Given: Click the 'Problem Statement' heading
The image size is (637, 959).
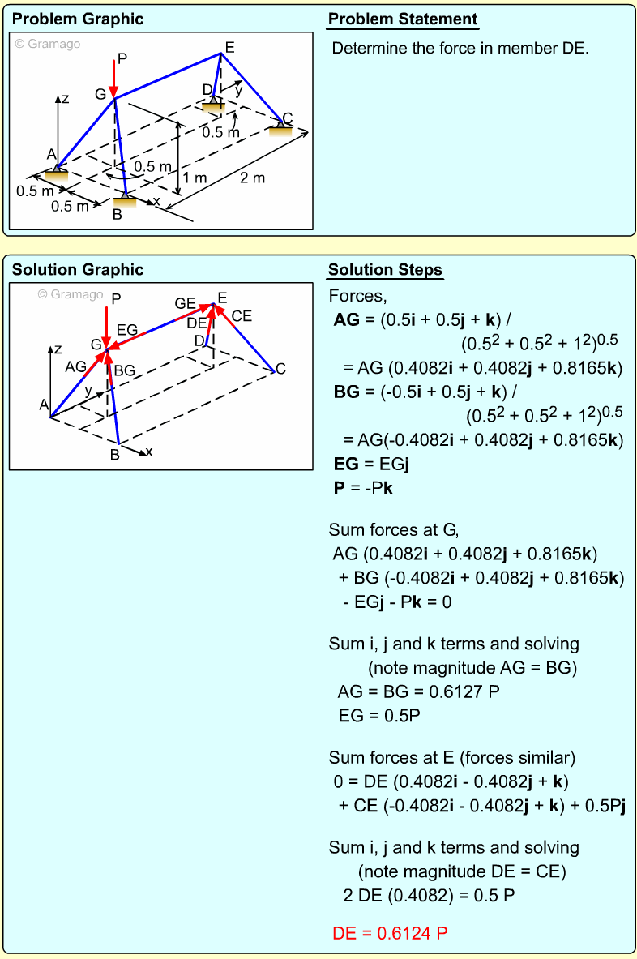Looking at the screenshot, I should [403, 19].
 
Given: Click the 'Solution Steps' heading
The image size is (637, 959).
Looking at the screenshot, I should [385, 270].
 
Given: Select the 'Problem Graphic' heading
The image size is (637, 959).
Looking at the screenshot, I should [78, 19].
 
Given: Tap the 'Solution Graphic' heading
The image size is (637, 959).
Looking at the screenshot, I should [78, 270].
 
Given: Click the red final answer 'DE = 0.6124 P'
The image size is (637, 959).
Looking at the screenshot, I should [390, 933].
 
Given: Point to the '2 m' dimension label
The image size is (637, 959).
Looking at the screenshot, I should [252, 178].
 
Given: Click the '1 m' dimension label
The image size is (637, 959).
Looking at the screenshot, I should [195, 178].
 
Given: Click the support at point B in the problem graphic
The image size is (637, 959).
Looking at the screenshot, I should [125, 199].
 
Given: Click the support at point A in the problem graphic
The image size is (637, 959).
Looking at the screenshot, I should [56, 171].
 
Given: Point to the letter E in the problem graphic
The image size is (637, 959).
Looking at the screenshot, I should [230, 48].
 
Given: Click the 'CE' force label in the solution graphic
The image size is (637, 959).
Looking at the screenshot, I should [242, 315].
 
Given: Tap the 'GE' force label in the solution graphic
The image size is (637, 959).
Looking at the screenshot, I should [185, 303].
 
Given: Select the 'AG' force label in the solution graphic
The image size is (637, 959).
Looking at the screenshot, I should [75, 366].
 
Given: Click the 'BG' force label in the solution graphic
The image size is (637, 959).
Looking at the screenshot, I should [124, 370].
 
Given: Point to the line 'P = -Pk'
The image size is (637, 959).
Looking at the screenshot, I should [363, 489].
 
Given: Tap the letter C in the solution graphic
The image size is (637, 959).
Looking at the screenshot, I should [280, 370].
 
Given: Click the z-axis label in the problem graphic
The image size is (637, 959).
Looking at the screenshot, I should [65, 99].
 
